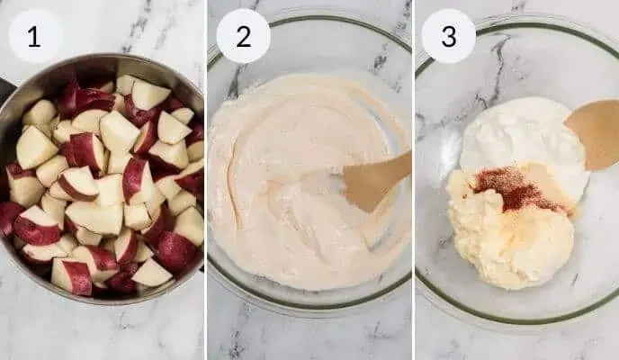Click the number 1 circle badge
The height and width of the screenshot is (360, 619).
coord(35,36)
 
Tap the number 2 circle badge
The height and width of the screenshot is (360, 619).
coord(243,36)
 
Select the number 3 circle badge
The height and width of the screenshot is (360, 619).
coord(448,36)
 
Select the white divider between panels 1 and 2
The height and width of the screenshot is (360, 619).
coord(206,180)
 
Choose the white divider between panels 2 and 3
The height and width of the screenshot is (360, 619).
coord(412,180)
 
